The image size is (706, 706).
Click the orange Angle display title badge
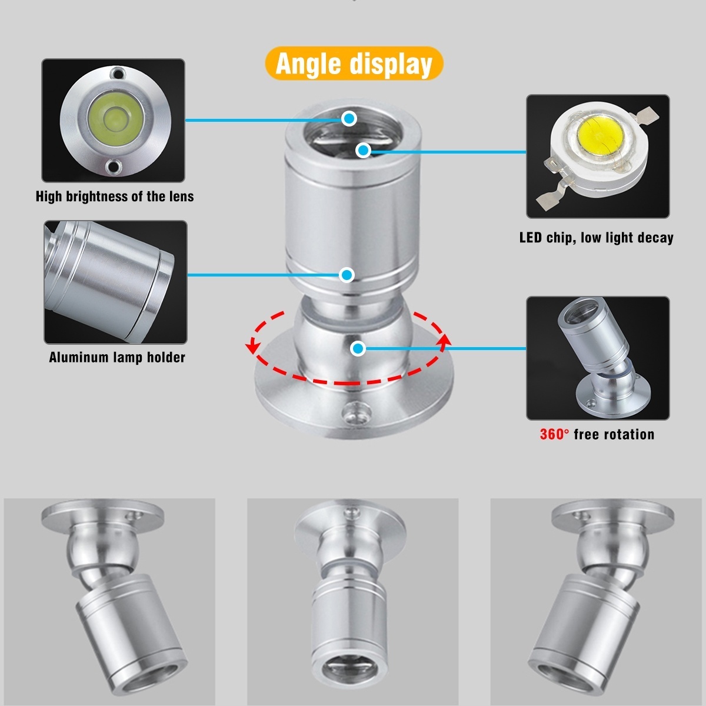tap(354, 64)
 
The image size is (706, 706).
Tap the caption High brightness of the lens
tap(115, 197)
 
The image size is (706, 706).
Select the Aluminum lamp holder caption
tap(117, 357)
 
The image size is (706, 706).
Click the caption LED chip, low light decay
tap(597, 238)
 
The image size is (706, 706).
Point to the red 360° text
tap(554, 434)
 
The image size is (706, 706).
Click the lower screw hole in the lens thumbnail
tap(114, 166)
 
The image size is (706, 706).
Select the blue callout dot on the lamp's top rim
tap(349, 118)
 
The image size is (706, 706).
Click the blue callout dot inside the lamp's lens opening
tap(363, 150)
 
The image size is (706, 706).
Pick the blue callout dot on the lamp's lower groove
tap(347, 274)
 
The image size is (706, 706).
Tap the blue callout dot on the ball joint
tap(358, 348)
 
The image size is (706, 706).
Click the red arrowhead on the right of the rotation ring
tap(445, 341)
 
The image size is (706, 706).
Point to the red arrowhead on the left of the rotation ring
tap(251, 347)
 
